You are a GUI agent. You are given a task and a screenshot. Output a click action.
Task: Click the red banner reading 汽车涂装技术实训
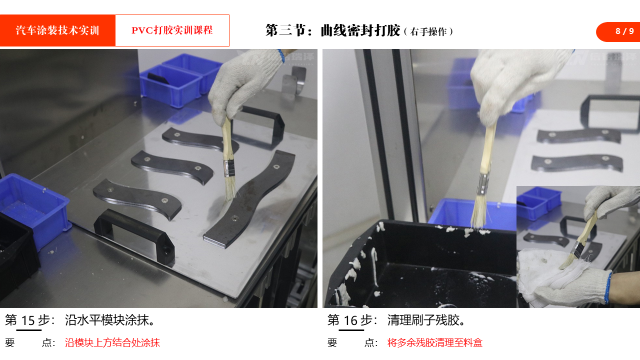coord(57,30)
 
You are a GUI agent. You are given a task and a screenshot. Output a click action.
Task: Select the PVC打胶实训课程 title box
coord(172,30)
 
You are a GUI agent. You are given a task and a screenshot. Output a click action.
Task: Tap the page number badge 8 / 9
coord(618,31)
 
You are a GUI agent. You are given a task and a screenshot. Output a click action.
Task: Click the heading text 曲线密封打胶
coord(360,30)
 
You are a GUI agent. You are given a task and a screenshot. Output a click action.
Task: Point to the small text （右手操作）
coord(428,31)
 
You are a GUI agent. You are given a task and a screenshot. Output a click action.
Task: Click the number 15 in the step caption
coord(28,320)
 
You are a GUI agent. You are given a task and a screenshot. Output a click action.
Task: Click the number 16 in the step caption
coord(350,320)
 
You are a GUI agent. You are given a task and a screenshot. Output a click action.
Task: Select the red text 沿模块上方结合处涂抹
coord(112,342)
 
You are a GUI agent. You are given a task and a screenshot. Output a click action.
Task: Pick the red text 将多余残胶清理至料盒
coord(435,342)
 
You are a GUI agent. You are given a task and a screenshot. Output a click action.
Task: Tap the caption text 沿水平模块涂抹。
coord(110,320)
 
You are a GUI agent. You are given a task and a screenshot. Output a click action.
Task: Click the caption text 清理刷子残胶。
coord(426,320)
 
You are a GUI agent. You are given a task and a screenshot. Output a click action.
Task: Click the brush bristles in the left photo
coord(230,189)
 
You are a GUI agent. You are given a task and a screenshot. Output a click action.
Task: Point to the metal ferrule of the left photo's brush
coord(229,168)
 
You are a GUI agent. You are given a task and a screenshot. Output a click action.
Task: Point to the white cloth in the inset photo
coord(548,274)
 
